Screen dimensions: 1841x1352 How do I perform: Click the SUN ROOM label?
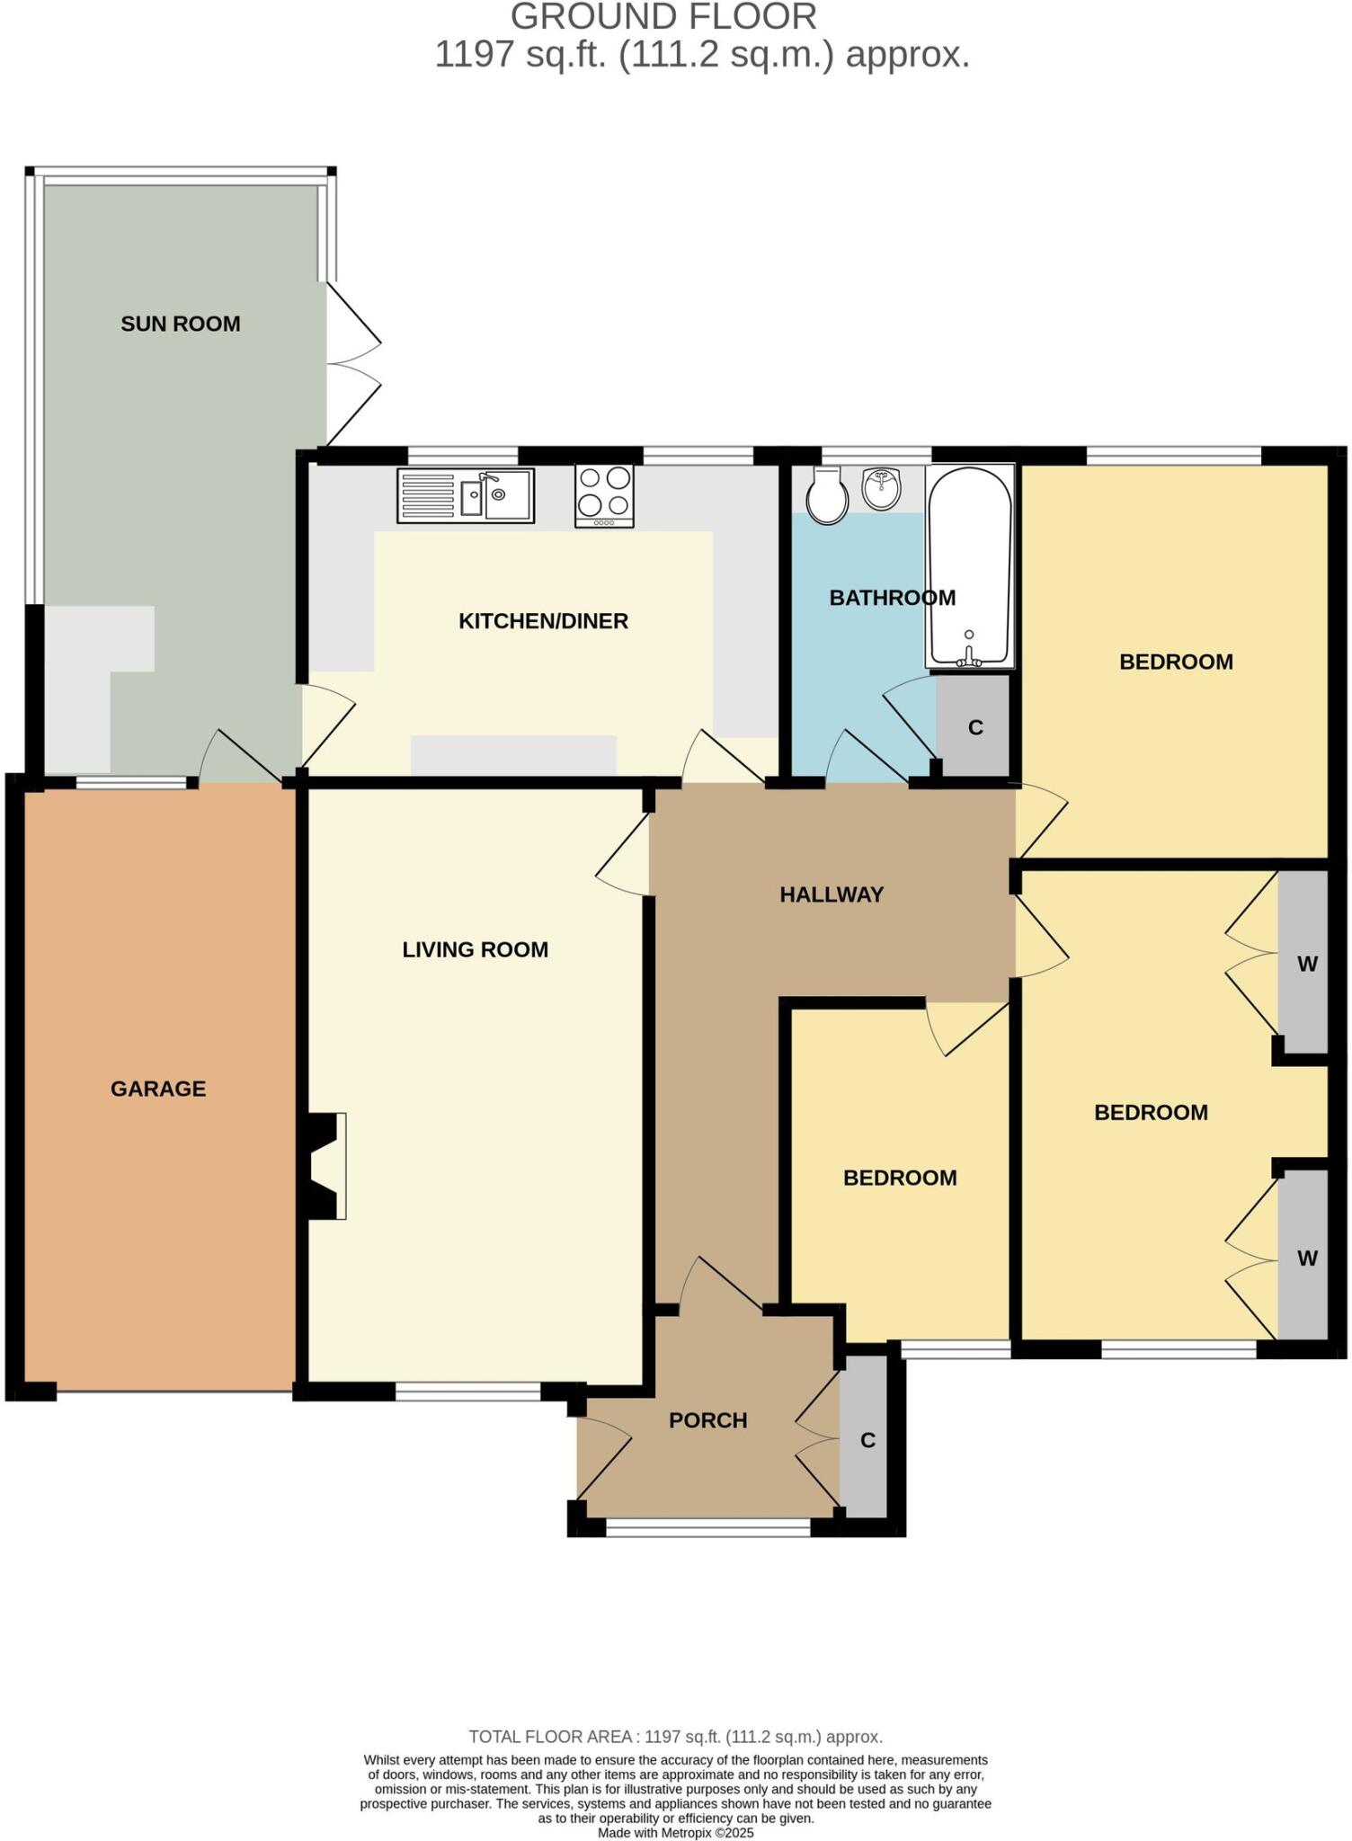click(x=181, y=324)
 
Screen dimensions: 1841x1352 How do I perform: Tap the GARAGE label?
click(x=158, y=1089)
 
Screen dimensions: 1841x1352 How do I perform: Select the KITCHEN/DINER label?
click(x=543, y=621)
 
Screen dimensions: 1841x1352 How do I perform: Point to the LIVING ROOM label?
click(x=475, y=949)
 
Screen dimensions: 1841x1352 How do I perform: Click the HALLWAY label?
click(x=832, y=894)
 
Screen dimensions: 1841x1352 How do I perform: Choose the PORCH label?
click(x=708, y=1420)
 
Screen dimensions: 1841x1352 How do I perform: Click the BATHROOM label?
click(x=892, y=598)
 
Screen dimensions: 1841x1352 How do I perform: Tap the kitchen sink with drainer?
click(x=466, y=495)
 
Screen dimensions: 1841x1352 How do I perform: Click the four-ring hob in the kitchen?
click(x=604, y=495)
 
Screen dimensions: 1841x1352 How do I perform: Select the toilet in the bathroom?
click(x=826, y=497)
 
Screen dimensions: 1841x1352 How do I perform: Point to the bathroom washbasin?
click(x=881, y=488)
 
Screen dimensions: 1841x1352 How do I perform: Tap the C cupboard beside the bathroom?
click(x=974, y=726)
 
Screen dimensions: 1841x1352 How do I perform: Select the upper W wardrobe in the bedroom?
click(x=1304, y=964)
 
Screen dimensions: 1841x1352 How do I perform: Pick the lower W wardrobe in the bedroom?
click(x=1304, y=1258)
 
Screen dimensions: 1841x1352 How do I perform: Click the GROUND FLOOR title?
click(x=663, y=17)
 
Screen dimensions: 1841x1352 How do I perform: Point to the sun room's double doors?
click(x=352, y=364)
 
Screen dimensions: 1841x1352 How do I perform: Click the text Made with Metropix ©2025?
click(x=675, y=1832)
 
